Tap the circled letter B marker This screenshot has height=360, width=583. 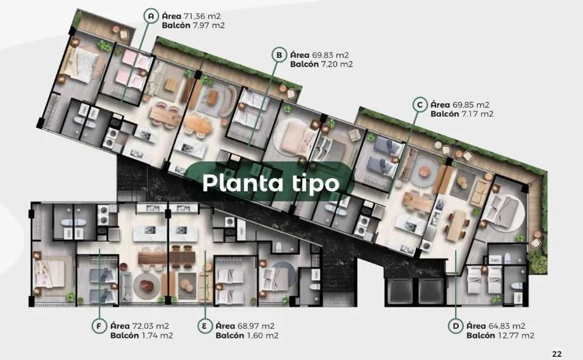(x=278, y=55)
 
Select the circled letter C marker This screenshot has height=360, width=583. (x=418, y=105)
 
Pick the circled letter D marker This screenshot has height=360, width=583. (x=455, y=326)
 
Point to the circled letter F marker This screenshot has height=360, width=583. (x=98, y=326)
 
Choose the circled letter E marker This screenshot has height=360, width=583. (x=204, y=326)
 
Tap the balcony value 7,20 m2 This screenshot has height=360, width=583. (x=338, y=65)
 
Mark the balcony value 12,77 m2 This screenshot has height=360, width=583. (x=516, y=336)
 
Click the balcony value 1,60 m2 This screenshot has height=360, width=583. (x=262, y=336)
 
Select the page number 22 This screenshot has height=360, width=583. (x=557, y=354)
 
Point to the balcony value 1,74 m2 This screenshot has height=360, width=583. (x=156, y=336)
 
